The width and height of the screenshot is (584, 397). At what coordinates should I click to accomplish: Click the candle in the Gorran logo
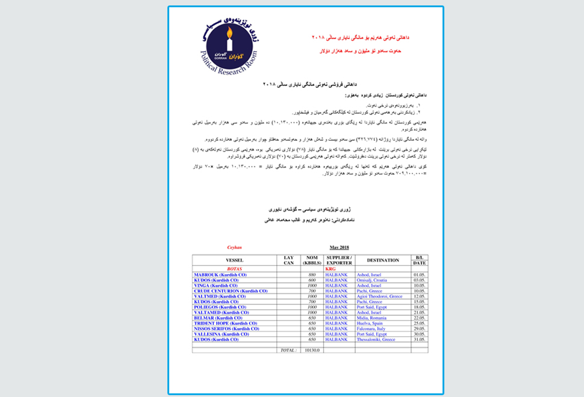pos(229,43)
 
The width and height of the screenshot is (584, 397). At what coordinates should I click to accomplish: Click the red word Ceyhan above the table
pos(234,247)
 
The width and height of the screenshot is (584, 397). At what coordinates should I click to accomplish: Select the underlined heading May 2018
pos(340,247)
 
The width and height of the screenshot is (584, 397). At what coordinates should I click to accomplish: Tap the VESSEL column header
pos(234,260)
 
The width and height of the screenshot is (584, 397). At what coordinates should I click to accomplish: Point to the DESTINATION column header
pos(382,260)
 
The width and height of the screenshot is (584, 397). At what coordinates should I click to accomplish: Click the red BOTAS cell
pos(234,269)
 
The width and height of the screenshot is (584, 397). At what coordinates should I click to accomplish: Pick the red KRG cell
pos(330,269)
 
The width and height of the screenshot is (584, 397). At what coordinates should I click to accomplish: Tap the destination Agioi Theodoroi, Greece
pos(379,296)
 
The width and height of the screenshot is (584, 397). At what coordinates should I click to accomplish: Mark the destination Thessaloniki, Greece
pos(376,339)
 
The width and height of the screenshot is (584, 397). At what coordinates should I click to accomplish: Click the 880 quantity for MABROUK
pos(312,274)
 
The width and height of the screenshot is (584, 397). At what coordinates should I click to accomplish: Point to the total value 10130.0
pos(312,350)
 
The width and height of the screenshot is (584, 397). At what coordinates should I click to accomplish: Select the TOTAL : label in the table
pos(288,350)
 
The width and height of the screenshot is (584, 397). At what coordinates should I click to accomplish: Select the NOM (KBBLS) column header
pos(312,260)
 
